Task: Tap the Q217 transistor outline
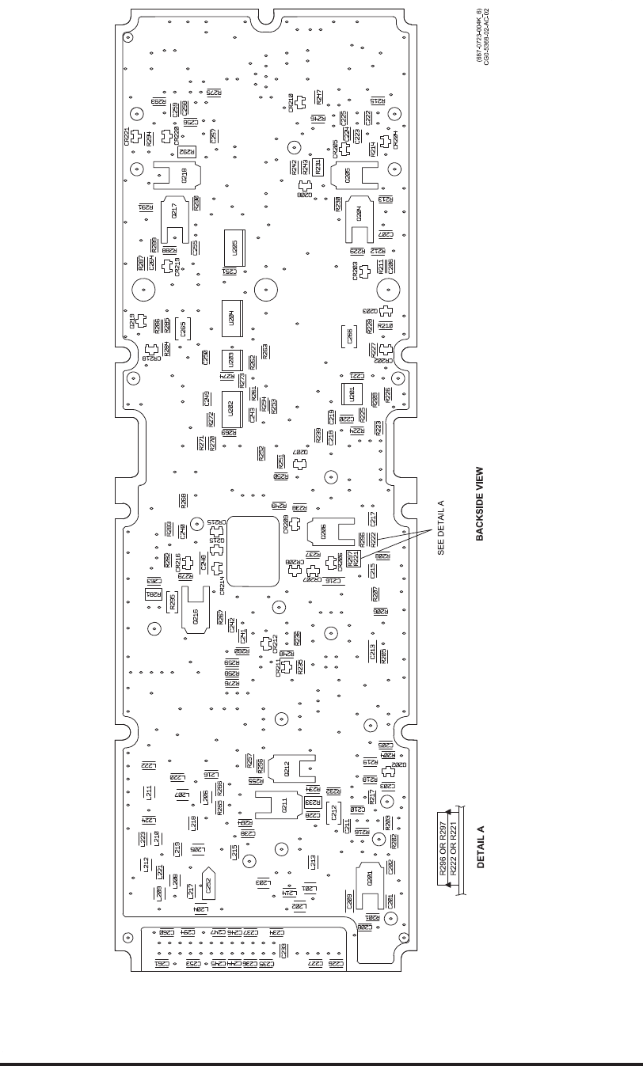coord(173,213)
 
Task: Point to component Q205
coord(357,174)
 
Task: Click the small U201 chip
coord(348,394)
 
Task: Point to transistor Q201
coord(369,878)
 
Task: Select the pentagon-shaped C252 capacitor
coord(208,883)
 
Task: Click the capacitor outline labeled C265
coord(183,329)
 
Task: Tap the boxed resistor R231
coord(319,167)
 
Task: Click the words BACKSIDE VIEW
coord(479,503)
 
